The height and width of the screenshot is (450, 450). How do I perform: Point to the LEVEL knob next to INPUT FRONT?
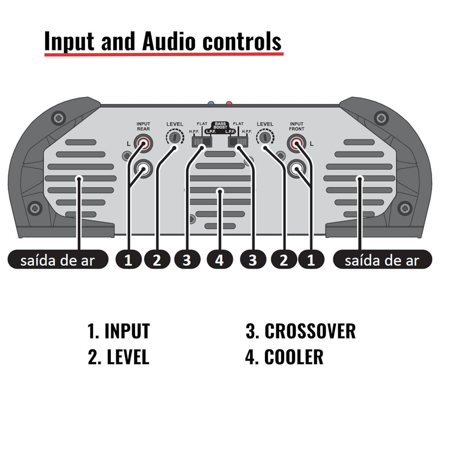pos(265,138)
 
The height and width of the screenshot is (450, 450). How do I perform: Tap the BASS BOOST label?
pos(220,125)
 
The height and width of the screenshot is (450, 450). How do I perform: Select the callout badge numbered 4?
pos(220,260)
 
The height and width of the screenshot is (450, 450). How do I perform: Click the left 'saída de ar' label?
pos(58,260)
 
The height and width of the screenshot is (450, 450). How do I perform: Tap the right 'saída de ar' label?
pos(382,260)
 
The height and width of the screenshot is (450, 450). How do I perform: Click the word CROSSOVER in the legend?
pos(310,331)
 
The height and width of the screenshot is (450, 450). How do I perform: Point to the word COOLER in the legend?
pos(294,357)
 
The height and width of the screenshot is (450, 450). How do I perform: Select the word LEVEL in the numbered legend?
pos(128,357)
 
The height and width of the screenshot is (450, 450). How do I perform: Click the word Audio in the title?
pos(169,41)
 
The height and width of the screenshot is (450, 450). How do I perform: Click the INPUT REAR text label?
pos(143,126)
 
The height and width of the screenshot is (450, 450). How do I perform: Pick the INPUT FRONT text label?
pos(297,126)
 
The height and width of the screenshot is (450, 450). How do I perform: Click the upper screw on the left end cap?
pos(58,118)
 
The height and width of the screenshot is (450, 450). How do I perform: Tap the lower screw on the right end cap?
pos(404,207)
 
